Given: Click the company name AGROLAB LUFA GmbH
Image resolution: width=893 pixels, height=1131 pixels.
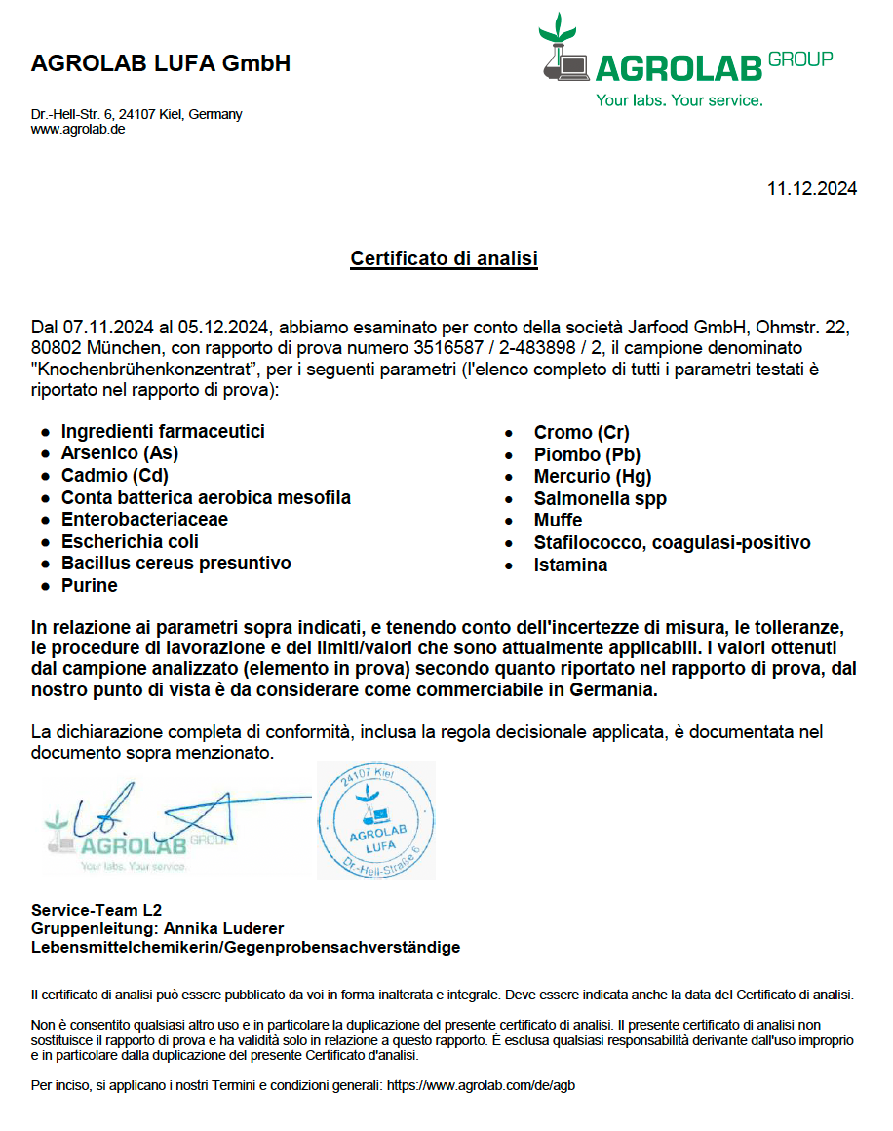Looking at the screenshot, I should pos(161,64).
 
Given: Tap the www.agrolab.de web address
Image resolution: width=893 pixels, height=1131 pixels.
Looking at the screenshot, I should pos(78,129).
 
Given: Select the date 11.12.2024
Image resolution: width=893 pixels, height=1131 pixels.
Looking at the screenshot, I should pos(811,189).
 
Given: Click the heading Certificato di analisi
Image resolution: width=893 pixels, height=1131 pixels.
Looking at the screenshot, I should pos(445,259).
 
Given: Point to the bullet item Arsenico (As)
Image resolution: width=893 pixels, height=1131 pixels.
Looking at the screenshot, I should pos(120,453).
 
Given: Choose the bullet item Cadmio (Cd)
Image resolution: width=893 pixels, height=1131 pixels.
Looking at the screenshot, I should pos(115,476).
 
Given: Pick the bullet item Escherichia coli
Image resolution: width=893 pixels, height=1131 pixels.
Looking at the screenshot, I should pos(130,542).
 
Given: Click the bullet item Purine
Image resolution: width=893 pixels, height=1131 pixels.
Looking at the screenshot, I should pos(90,586).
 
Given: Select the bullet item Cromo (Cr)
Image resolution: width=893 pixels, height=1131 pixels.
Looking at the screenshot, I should pos(581,433).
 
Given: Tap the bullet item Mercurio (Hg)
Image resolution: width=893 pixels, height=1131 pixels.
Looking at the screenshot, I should pos(593,477).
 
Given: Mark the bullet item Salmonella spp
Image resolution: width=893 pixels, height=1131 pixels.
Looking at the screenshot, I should pos(601,499).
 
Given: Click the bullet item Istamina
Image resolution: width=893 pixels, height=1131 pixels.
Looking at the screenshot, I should pos(570,565).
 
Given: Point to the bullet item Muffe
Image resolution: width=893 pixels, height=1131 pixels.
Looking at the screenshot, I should pos(558,521).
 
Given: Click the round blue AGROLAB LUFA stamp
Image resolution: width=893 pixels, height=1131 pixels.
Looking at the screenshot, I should pos(376,821).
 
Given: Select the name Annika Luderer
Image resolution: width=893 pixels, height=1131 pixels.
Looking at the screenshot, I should pos(223,928).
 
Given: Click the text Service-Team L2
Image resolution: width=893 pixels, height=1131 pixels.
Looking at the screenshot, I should pos(97,910).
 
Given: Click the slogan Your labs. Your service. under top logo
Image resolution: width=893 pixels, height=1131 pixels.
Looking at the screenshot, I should pos(679,100).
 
